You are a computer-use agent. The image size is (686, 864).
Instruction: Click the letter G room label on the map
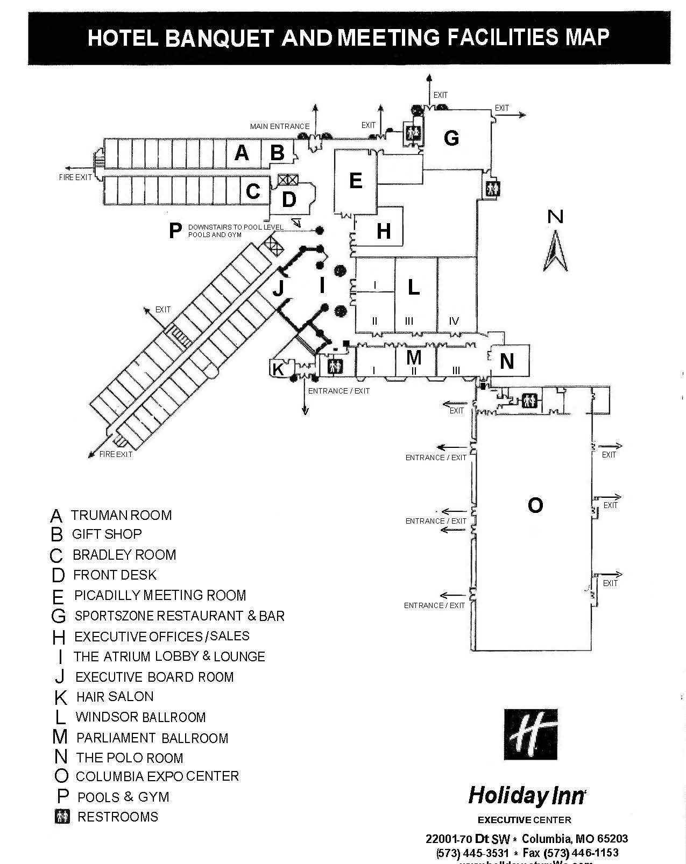451,138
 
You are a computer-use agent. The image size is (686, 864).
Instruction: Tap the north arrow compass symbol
555,251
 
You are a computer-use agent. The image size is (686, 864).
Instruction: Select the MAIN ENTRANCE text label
279,126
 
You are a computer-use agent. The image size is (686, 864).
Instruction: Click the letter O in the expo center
535,505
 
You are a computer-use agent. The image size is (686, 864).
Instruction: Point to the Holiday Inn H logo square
531,734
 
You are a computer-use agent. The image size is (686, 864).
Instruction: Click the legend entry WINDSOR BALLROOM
140,717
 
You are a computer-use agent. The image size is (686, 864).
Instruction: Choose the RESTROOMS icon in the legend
62,817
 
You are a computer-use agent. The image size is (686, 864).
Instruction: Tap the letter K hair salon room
278,369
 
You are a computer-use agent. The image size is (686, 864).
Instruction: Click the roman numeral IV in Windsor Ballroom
454,321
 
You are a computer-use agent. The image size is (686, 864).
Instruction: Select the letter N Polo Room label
506,361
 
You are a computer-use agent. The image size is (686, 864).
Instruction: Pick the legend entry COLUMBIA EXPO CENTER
157,776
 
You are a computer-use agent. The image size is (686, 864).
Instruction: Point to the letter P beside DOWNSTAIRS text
175,231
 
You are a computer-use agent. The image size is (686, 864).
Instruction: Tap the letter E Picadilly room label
355,181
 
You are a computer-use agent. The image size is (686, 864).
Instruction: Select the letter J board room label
278,289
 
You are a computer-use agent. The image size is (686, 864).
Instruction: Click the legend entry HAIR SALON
115,697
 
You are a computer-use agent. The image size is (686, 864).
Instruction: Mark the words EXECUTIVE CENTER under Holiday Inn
524,820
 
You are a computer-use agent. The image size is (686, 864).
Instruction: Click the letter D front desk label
289,199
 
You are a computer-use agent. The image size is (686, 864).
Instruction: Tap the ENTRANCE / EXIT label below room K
338,391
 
